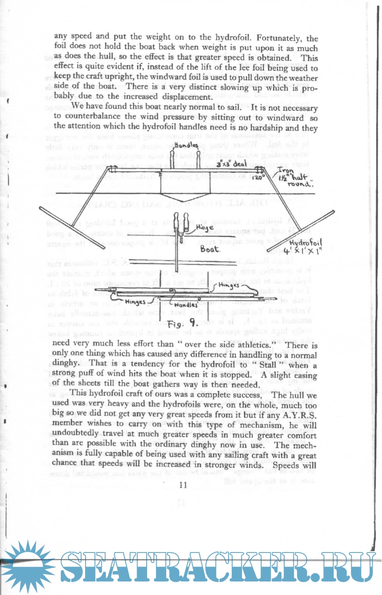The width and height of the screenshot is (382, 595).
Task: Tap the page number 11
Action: (x=183, y=485)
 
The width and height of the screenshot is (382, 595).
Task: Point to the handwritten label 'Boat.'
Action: (x=210, y=249)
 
